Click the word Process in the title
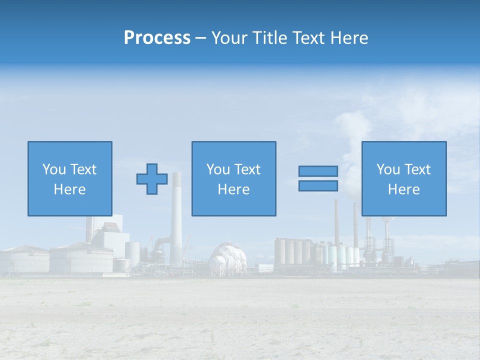157,38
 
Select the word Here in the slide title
349,38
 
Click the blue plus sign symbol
152,178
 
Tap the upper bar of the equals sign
318,171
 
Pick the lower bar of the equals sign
318,185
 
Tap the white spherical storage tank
228,258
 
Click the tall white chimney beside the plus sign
176,220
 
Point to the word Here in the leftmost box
69,189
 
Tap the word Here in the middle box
233,189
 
